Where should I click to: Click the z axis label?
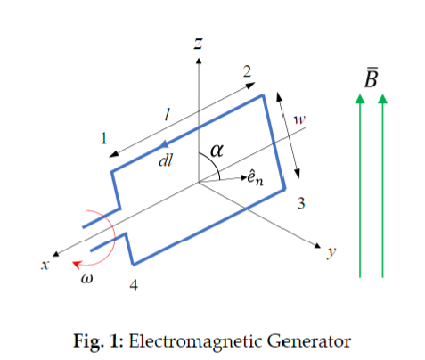click(x=198, y=44)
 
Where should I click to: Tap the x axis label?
click(x=45, y=265)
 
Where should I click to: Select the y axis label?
click(x=331, y=252)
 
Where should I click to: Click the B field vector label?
click(x=372, y=78)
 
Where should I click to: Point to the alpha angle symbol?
click(x=217, y=151)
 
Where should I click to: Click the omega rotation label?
click(x=86, y=279)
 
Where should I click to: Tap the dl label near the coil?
click(x=166, y=160)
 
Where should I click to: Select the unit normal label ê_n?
click(x=256, y=178)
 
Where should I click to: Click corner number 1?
click(x=103, y=138)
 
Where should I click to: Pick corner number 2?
click(x=247, y=71)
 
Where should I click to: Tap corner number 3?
click(x=301, y=203)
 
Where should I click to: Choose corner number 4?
click(x=134, y=285)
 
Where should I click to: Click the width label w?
click(x=299, y=119)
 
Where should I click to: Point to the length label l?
click(x=168, y=114)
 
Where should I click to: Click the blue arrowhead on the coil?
click(x=164, y=144)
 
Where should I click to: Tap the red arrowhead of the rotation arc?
click(x=77, y=264)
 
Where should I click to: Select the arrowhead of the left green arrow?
click(x=360, y=99)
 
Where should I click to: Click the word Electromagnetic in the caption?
click(x=196, y=341)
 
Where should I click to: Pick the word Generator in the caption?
click(x=309, y=340)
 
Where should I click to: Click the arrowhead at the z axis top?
click(x=199, y=61)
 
